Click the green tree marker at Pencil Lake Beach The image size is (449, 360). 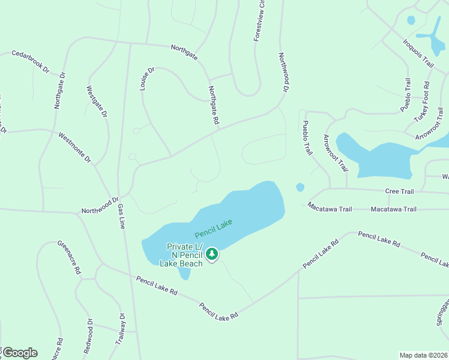[211, 254]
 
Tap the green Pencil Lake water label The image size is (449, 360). [213, 228]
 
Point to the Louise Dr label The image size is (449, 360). [146, 78]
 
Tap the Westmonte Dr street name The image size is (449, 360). [74, 148]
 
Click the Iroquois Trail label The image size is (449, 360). [418, 53]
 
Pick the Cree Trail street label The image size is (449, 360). [399, 191]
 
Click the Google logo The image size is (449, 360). [19, 353]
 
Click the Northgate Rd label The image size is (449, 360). [213, 104]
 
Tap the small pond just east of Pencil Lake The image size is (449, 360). [300, 187]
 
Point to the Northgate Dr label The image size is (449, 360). [59, 90]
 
